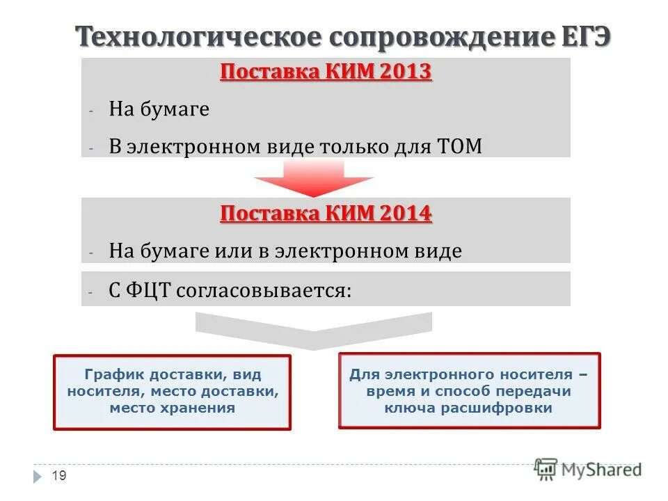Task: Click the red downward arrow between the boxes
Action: pos(313,179)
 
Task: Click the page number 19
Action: pos(59,476)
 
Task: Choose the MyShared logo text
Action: pos(602,470)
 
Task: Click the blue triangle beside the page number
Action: pos(38,477)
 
